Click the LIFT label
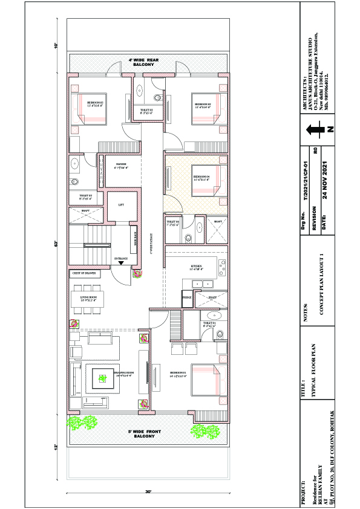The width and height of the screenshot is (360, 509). coord(120,205)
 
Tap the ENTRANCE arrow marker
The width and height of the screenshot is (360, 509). coord(122,262)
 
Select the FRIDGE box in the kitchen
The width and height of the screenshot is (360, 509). coord(187,297)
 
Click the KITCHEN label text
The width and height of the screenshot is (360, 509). coord(196,267)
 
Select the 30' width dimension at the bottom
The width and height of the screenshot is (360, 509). coord(148,491)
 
